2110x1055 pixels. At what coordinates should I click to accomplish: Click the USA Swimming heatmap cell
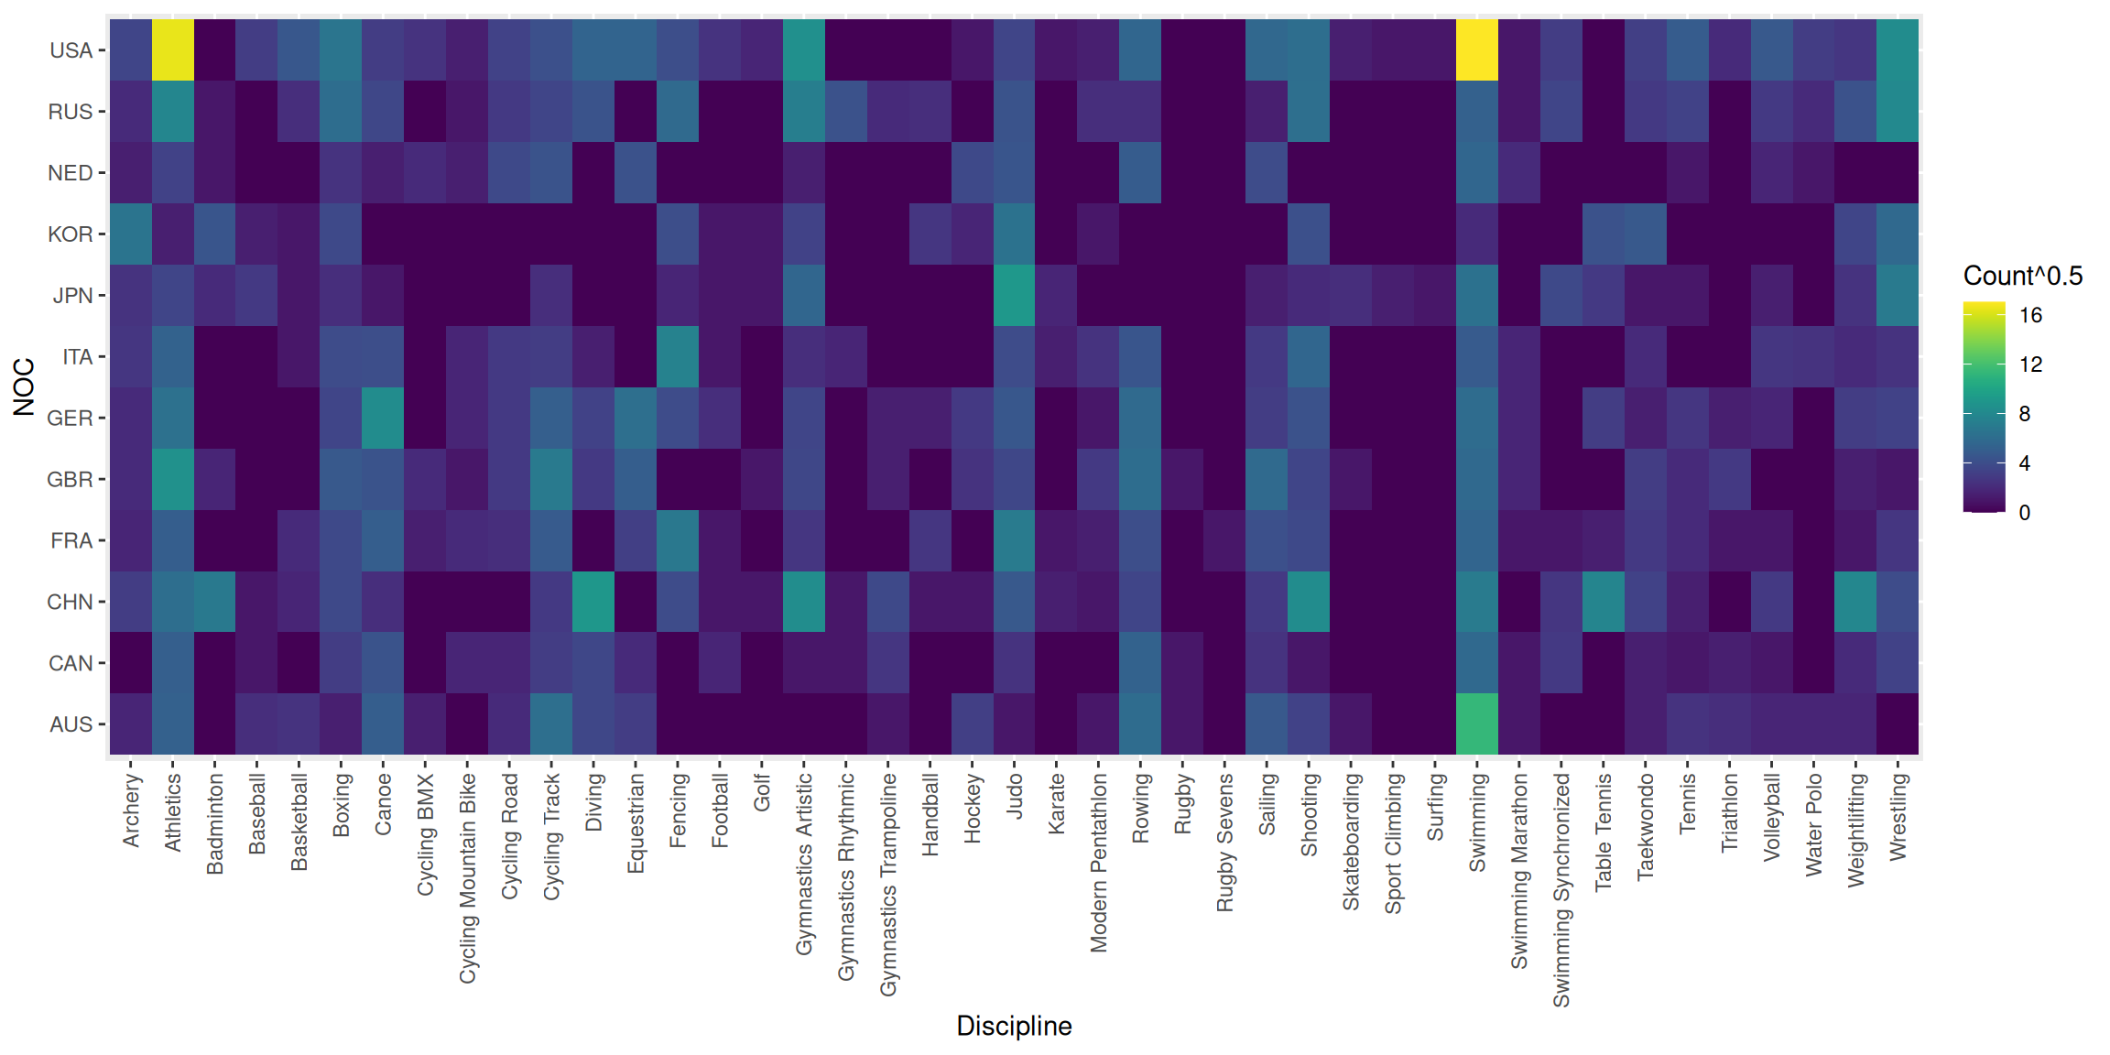coord(1476,50)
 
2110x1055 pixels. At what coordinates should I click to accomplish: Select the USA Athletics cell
coord(172,50)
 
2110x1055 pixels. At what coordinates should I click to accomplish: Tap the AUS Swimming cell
coord(1476,723)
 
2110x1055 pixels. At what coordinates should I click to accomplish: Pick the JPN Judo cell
coord(1014,295)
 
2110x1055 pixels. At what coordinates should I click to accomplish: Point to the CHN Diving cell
coord(593,602)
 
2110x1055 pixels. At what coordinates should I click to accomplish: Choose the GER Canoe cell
coord(383,418)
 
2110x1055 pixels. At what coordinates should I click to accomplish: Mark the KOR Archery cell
coord(131,234)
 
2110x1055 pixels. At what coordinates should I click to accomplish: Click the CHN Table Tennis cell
coord(1603,602)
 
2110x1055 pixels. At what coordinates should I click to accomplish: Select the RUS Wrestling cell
coord(1898,111)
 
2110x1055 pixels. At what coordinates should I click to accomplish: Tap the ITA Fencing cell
coord(678,356)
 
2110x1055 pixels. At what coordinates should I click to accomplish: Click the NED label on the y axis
coord(71,173)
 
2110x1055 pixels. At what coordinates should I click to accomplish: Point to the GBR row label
coord(71,479)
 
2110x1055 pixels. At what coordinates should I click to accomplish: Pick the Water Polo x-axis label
coord(1813,824)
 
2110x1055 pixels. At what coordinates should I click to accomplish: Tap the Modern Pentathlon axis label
coord(1098,863)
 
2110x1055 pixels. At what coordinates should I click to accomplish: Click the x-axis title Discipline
coord(1014,1026)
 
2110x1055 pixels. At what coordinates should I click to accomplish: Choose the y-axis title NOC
coord(24,386)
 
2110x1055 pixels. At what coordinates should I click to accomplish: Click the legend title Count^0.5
coord(2022,276)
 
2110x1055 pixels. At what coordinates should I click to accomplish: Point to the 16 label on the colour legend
coord(2030,316)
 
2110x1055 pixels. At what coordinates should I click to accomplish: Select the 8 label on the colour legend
coord(2025,414)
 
